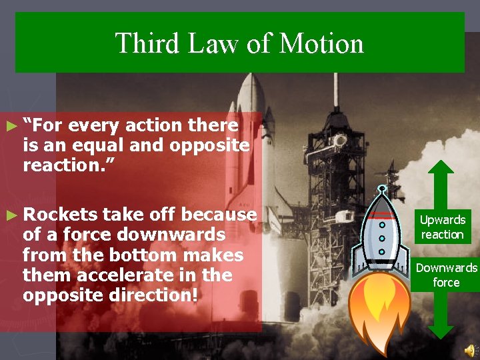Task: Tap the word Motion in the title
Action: [x=322, y=44]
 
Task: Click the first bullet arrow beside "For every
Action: [x=9, y=125]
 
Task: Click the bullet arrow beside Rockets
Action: [x=9, y=215]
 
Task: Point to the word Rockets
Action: [x=60, y=215]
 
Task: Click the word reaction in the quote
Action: [x=63, y=165]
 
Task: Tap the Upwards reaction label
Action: [x=443, y=227]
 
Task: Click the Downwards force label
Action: [x=446, y=275]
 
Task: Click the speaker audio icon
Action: [x=470, y=349]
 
